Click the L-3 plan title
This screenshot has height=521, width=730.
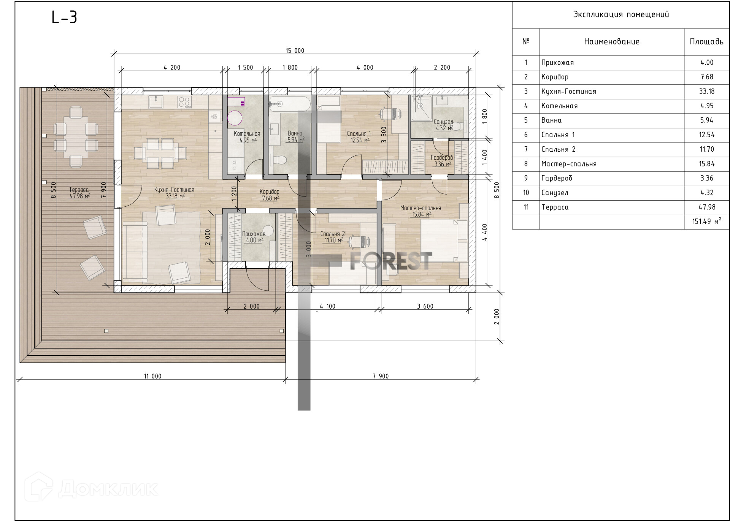64,17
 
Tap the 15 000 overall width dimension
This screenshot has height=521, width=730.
295,51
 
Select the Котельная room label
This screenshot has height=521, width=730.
247,134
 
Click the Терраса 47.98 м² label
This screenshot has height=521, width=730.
79,193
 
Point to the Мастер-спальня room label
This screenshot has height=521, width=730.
421,208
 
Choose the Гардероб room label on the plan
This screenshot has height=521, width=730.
442,158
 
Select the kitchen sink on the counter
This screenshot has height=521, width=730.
156,102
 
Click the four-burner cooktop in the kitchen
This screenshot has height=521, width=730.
184,102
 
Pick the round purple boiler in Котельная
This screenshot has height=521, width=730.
235,118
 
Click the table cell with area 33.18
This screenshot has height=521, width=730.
707,91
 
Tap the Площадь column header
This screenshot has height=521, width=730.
706,41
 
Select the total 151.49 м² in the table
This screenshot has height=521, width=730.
707,221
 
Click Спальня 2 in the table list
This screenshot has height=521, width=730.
558,149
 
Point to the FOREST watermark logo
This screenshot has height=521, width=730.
391,261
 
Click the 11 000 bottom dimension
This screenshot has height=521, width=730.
152,376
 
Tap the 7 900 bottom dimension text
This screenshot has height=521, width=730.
381,376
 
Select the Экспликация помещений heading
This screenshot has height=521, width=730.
621,14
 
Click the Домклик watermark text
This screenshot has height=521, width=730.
108,489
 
